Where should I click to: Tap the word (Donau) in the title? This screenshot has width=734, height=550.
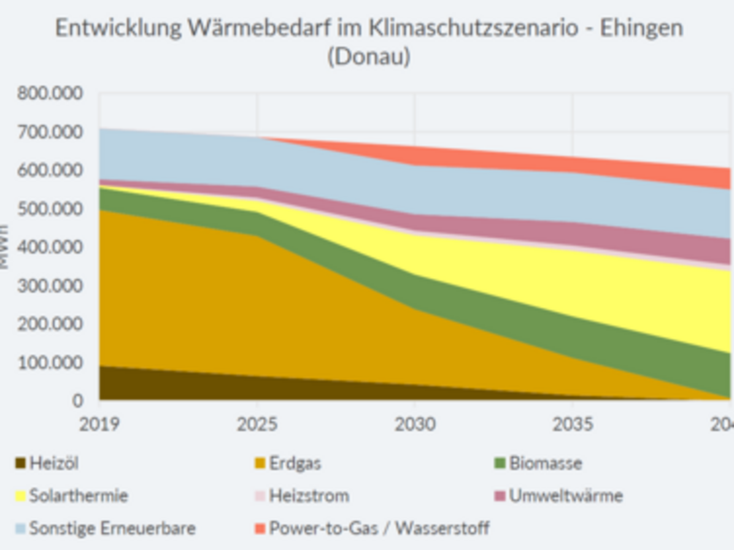pos(368,57)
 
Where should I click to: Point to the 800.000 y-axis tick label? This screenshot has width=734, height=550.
pos(50,94)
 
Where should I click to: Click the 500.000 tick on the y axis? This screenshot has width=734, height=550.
pos(50,209)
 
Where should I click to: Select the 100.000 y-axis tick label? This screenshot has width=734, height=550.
pos(50,362)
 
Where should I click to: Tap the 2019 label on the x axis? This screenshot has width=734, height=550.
pos(99,424)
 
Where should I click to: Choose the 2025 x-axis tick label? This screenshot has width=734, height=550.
pos(257,424)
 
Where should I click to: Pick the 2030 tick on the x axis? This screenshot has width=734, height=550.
pos(415,424)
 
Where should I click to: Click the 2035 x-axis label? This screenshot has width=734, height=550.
pos(573,424)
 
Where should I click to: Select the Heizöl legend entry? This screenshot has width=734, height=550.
pos(53,464)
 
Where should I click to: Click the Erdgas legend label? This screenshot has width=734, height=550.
pos(295,464)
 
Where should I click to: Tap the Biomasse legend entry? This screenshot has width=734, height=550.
pos(545,464)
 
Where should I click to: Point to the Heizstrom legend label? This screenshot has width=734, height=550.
pos(309,495)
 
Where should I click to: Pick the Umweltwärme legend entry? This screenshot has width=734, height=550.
pos(565,495)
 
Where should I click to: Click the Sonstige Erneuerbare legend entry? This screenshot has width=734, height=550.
pos(112,528)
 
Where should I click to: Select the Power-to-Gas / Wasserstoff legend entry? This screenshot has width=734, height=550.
pos(379,528)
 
